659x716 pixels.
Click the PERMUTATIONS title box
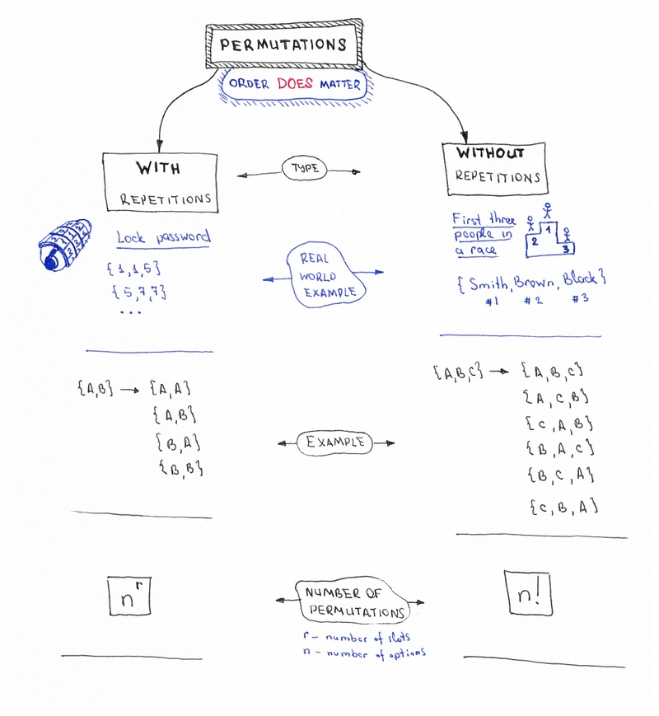[284, 44]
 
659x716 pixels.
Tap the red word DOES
[295, 83]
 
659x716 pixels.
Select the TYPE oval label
[304, 169]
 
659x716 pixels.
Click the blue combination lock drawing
[64, 245]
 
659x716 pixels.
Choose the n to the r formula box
[129, 596]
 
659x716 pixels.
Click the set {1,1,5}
[133, 268]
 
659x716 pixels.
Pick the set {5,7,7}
[139, 292]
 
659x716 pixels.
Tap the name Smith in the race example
[488, 283]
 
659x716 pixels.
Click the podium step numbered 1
[549, 232]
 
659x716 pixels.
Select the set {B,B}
[181, 468]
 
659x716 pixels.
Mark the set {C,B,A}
[564, 507]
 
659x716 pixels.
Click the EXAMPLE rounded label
[335, 442]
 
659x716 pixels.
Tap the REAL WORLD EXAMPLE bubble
[326, 274]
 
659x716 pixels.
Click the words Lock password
[163, 237]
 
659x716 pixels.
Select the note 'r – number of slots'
[356, 637]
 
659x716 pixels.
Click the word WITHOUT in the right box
[490, 153]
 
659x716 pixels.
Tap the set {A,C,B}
[556, 397]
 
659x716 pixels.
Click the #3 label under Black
[580, 298]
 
